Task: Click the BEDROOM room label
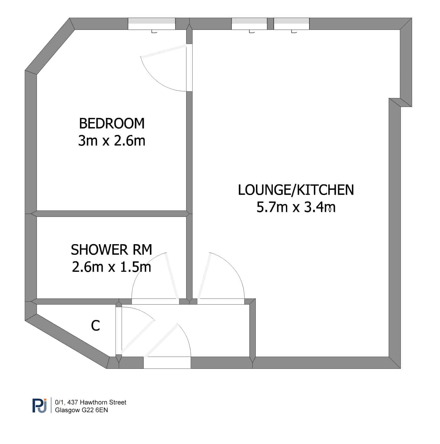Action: pos(112,123)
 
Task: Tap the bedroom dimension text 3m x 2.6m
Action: pos(112,140)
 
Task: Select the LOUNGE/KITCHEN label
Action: pos(296,190)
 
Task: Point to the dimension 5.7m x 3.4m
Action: pos(296,207)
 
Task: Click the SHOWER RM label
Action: pos(111,250)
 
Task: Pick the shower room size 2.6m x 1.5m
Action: pos(111,267)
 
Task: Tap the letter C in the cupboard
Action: pos(95,325)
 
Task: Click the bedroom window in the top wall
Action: pos(151,24)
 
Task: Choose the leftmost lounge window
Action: pos(249,24)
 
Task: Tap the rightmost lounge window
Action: pos(291,24)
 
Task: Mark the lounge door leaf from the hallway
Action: pos(204,276)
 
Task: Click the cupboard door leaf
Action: pos(138,337)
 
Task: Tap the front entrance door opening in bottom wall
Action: pos(167,363)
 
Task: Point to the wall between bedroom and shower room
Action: pos(111,214)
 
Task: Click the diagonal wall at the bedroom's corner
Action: pos(50,47)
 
